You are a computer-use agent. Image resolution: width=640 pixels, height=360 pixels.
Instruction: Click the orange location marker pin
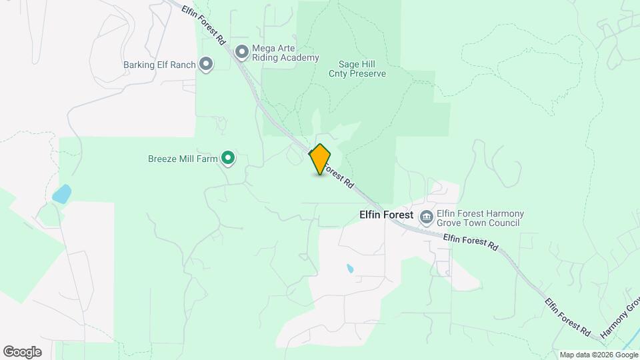(x=320, y=159)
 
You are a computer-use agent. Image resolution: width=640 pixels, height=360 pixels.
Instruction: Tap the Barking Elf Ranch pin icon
(x=207, y=65)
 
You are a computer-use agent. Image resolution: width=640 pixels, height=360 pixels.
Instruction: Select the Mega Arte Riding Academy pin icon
(x=241, y=51)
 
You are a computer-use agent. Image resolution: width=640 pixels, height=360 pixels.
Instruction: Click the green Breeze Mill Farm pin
(x=228, y=158)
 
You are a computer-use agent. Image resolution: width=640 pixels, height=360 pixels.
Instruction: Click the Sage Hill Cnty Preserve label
(x=357, y=69)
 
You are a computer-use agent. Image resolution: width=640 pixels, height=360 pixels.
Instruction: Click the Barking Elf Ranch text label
(x=159, y=65)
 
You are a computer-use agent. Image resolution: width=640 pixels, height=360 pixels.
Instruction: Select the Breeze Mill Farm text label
(x=183, y=159)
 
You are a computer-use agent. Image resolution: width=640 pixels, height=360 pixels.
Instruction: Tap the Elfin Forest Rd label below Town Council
(x=470, y=241)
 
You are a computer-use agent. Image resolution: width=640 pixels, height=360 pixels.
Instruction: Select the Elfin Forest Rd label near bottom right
(x=567, y=316)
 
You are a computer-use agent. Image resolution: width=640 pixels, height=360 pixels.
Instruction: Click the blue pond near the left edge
(x=61, y=194)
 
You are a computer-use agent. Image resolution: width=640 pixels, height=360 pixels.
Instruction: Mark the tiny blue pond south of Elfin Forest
(x=350, y=269)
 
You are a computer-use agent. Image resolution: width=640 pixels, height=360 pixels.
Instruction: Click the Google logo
(x=22, y=351)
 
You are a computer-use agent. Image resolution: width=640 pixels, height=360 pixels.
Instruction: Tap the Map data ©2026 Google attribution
(x=598, y=355)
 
